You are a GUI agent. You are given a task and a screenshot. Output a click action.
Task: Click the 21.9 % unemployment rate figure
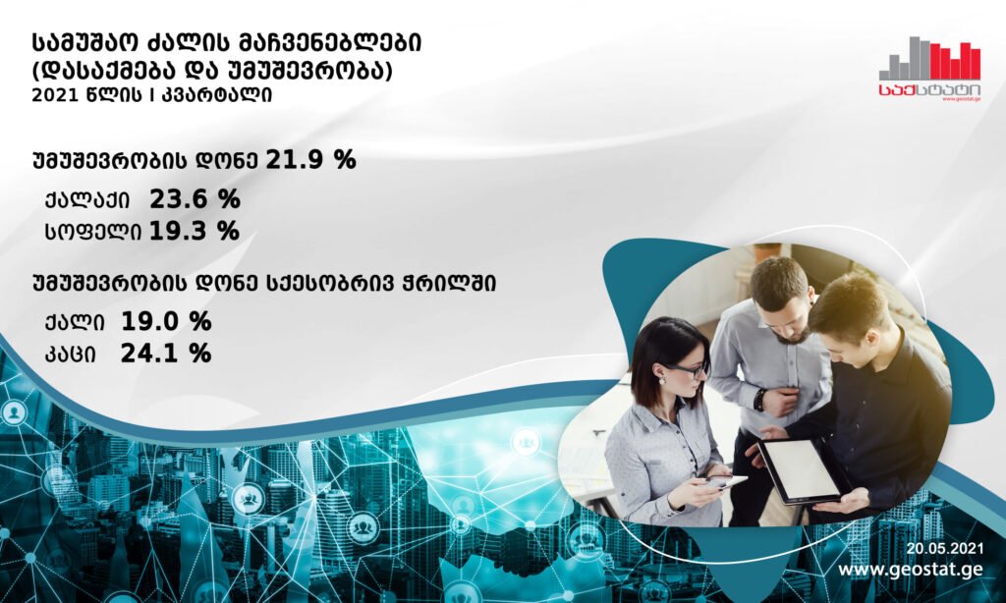click(x=310, y=160)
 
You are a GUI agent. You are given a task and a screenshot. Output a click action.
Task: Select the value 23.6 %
click(x=196, y=199)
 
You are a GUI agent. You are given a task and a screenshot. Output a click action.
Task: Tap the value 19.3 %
click(x=195, y=231)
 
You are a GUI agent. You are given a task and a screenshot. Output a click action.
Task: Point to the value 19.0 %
click(x=166, y=321)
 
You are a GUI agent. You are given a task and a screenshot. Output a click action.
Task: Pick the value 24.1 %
click(x=166, y=353)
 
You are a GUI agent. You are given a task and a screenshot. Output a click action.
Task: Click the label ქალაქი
click(x=87, y=200)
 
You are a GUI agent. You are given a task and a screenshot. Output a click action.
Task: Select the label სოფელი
click(x=93, y=232)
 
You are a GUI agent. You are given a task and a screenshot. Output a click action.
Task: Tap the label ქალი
click(x=75, y=322)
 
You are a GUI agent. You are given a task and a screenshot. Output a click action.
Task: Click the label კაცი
click(x=71, y=354)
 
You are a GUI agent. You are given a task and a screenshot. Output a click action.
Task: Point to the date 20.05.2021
click(x=944, y=548)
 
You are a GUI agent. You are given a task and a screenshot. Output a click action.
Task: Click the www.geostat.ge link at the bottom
click(x=911, y=570)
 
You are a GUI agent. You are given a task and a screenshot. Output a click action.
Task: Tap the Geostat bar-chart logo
click(x=929, y=69)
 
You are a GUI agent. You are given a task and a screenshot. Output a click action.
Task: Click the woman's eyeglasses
click(x=686, y=370)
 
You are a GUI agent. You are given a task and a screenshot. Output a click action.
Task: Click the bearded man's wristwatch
click(x=759, y=401)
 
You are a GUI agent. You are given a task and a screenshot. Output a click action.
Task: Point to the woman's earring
click(x=661, y=380)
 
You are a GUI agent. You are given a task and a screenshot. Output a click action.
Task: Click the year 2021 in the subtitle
click(x=54, y=95)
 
